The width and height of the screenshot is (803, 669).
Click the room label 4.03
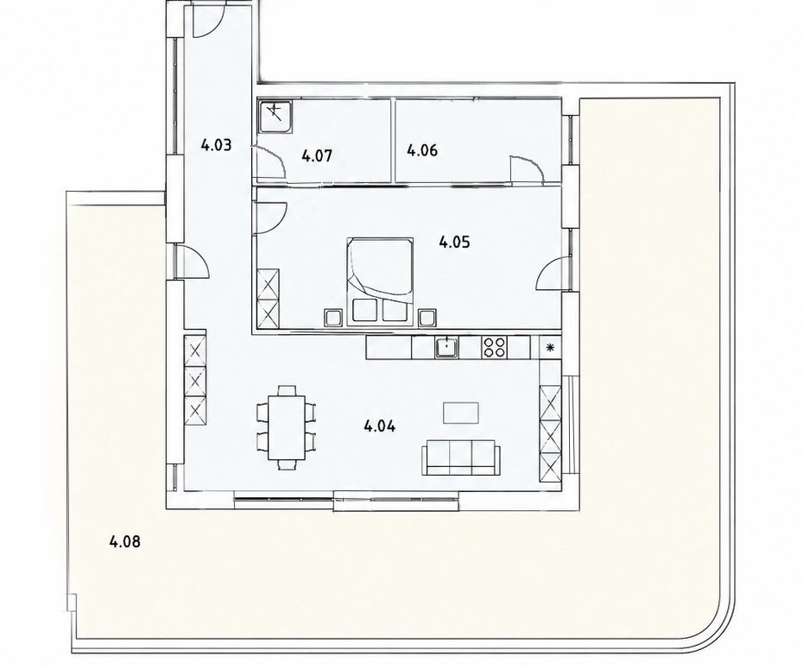(x=216, y=145)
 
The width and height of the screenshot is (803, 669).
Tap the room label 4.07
(x=317, y=155)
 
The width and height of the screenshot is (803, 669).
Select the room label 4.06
(x=422, y=150)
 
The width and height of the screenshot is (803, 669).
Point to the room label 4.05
(x=454, y=242)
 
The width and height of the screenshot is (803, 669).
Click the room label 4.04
(x=379, y=426)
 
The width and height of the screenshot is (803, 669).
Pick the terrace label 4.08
(x=125, y=541)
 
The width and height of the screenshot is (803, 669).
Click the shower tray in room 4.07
(x=276, y=116)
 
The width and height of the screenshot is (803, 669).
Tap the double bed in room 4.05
(x=380, y=281)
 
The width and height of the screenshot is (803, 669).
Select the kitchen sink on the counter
(x=447, y=347)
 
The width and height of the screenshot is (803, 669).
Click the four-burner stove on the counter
(x=494, y=347)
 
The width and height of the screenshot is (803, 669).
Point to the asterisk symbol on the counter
(x=551, y=348)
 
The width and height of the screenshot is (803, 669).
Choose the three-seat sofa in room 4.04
(x=460, y=457)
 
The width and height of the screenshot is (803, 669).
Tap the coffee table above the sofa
(x=461, y=413)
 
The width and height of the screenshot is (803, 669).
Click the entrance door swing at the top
(x=207, y=22)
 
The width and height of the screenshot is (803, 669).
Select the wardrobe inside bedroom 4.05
(x=269, y=299)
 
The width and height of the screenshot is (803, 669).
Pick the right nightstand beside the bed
(x=427, y=318)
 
